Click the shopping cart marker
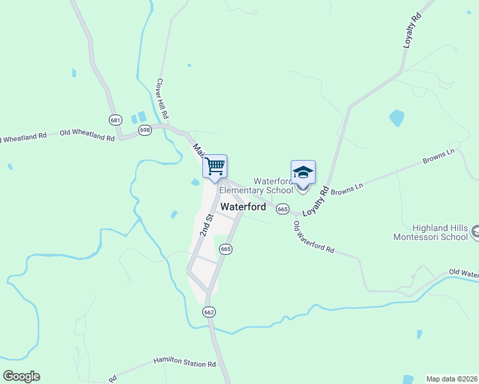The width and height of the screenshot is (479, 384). pos(215,166)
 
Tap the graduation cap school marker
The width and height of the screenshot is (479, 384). pos(303,173)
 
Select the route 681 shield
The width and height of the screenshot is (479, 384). pos(115,120)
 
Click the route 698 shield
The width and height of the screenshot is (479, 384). pos(145,130)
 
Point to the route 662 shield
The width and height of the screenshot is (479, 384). pos(209,312)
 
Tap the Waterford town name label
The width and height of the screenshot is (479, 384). pos(243,207)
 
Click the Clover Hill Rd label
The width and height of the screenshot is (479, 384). pos(163,99)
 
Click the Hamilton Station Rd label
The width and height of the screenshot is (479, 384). pos(184,364)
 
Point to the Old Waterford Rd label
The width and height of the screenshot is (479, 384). pos(314,237)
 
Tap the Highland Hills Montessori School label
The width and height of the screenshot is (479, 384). pos(431,232)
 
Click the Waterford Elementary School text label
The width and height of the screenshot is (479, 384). pos(256,186)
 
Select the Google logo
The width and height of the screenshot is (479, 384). pos(21,376)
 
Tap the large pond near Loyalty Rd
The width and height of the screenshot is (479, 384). pos(397,118)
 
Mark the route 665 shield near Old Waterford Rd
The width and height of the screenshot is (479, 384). pos(283,209)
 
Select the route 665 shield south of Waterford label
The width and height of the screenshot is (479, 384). pos(225,248)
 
